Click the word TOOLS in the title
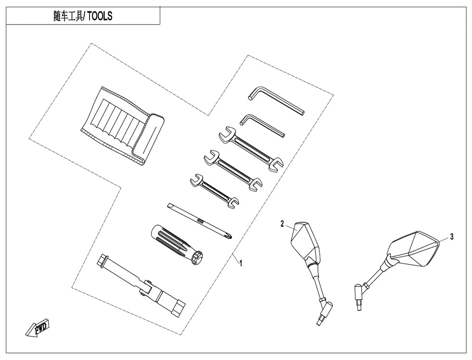click(x=100, y=15)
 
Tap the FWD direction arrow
click(x=38, y=328)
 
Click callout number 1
click(x=240, y=263)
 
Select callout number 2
click(x=282, y=224)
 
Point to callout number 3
click(x=452, y=237)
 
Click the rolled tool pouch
click(x=122, y=126)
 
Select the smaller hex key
click(x=262, y=126)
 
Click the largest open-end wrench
click(x=251, y=150)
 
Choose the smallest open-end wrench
click(x=214, y=191)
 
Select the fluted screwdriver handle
click(x=176, y=244)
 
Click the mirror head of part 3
click(x=413, y=249)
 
